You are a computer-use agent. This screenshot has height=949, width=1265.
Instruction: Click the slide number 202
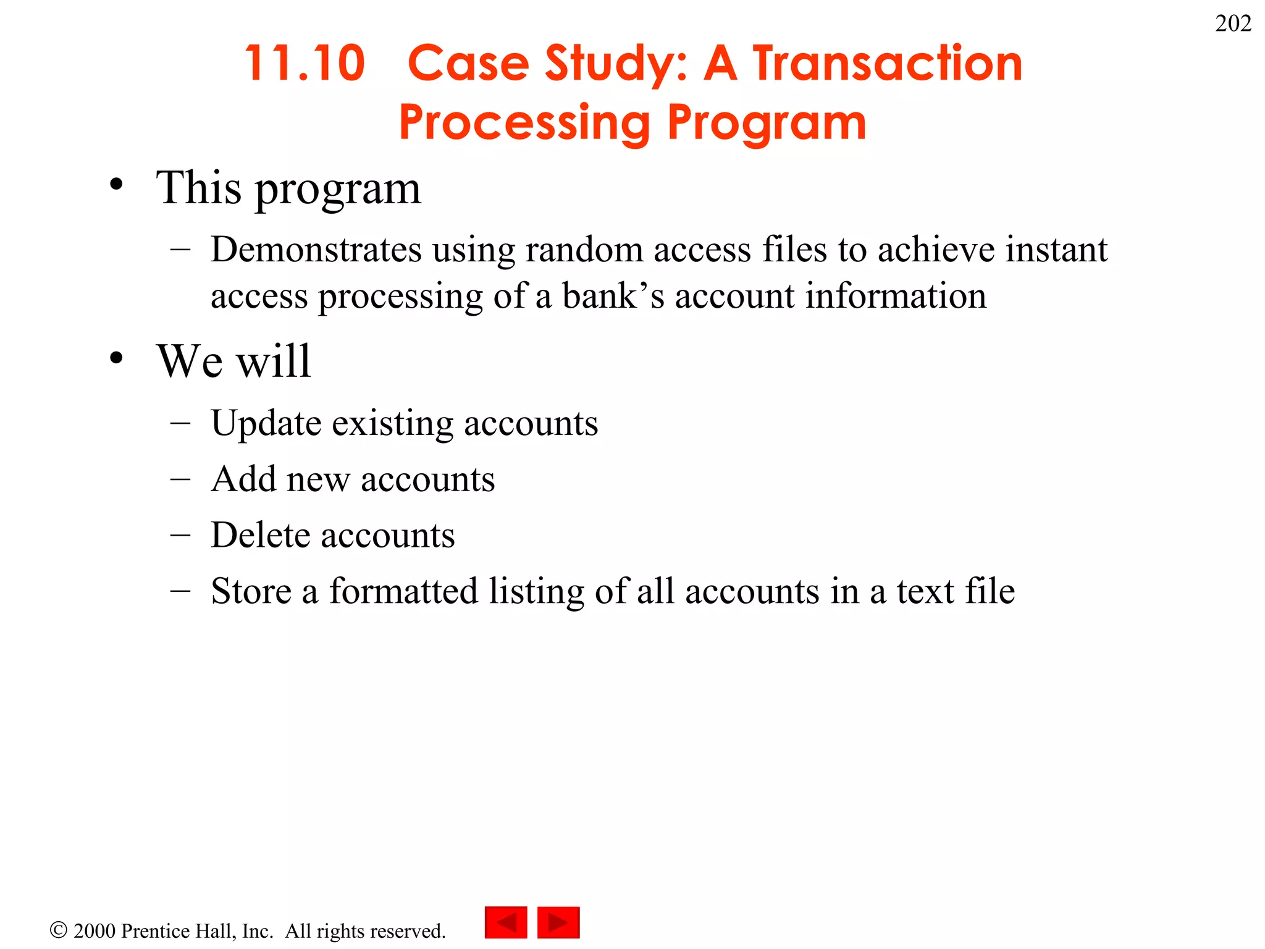1233,23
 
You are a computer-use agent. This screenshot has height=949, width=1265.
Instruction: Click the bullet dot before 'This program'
116,184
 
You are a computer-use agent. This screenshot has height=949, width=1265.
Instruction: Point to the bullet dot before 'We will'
116,358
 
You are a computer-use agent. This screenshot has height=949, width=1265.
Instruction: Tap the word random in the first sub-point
584,250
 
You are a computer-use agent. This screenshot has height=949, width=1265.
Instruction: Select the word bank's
613,296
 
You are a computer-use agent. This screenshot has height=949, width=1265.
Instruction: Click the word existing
392,424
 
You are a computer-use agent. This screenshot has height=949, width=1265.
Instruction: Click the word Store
251,591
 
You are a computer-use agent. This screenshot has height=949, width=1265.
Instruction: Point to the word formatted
403,591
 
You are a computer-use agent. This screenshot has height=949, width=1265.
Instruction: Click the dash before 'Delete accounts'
180,535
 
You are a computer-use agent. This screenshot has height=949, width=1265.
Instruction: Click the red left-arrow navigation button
506,922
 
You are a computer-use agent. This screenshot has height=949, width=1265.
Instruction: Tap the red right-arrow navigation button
558,922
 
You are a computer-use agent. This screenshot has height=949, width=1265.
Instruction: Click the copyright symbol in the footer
58,930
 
